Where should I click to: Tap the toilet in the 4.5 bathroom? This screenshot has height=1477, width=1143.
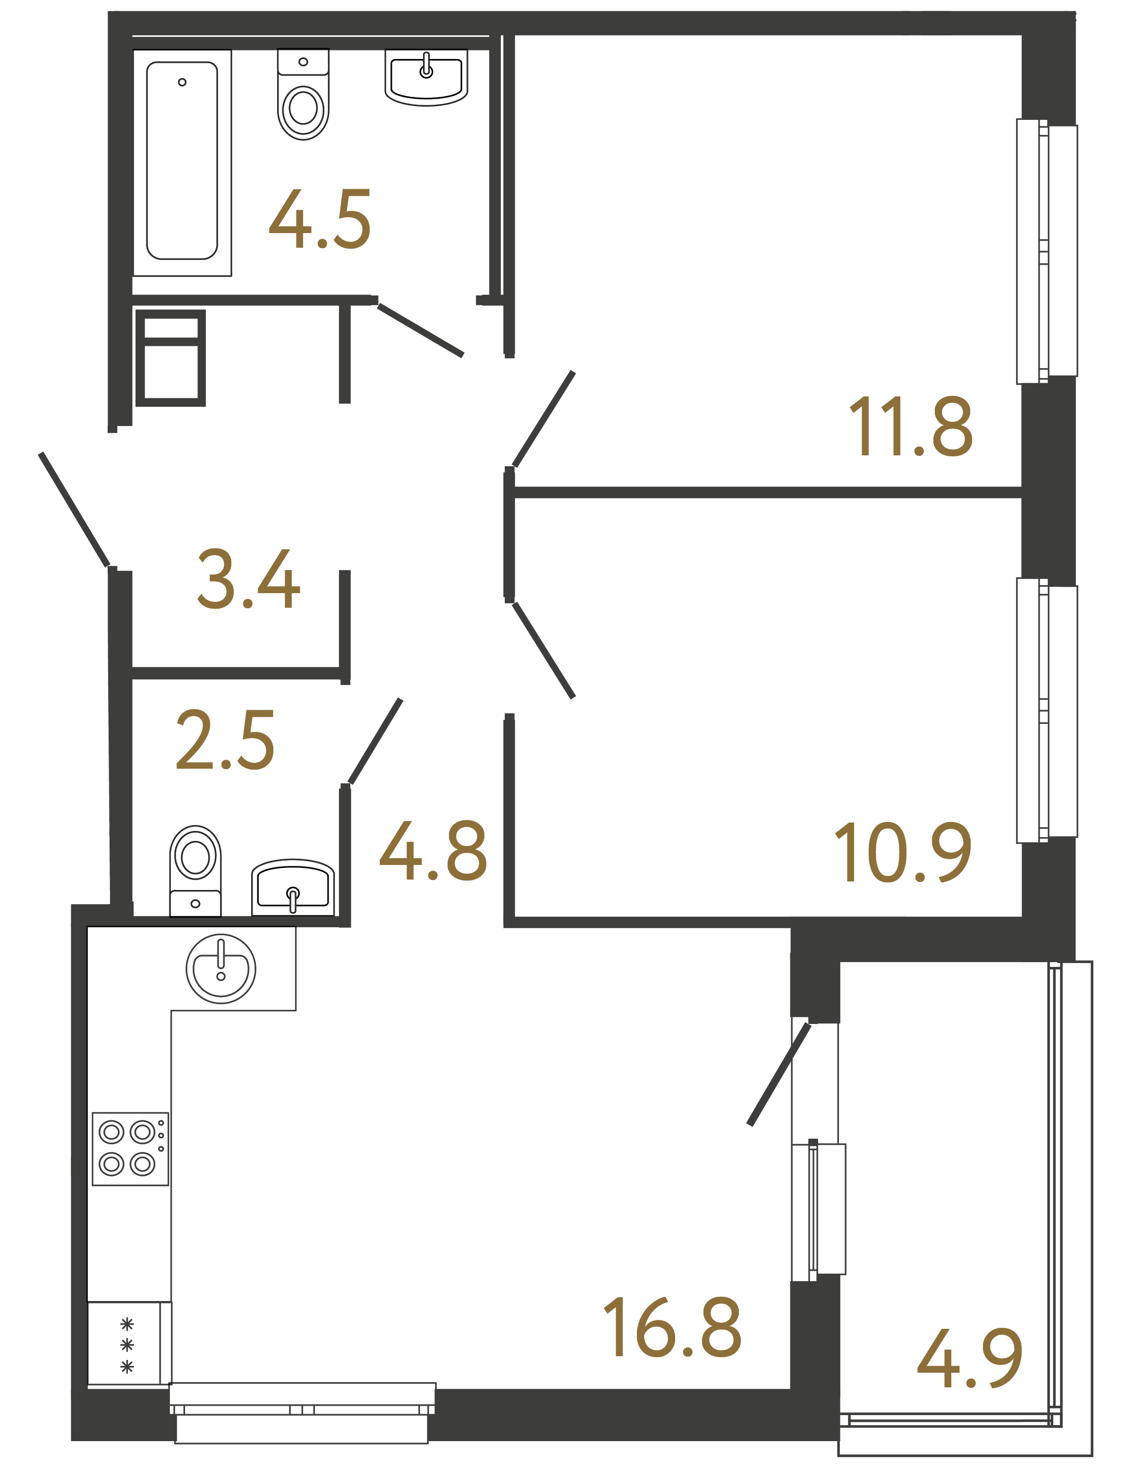pyautogui.click(x=303, y=97)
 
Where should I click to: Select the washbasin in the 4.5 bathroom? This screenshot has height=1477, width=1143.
pyautogui.click(x=426, y=78)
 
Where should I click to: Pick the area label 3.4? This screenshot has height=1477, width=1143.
pyautogui.click(x=248, y=579)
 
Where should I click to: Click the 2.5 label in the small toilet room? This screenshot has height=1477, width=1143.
pyautogui.click(x=225, y=740)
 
